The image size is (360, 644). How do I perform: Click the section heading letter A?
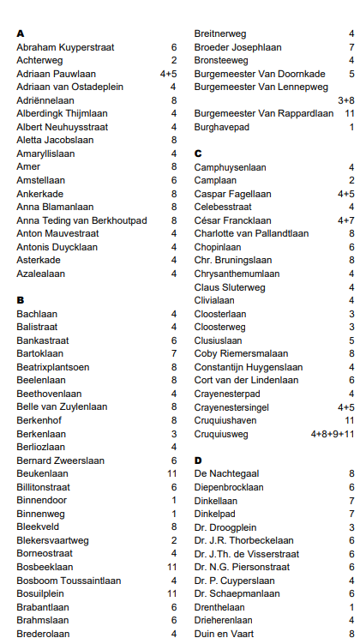20,33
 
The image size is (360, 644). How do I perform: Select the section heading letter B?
20,300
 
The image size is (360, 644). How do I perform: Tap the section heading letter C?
198,153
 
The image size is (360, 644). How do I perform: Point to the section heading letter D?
198,460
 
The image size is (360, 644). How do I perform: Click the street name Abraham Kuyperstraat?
65,47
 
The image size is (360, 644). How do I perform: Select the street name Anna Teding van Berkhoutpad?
81,220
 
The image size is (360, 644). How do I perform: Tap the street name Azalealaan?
41,274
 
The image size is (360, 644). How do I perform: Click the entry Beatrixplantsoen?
53,367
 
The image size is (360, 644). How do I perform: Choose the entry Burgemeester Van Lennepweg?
261,87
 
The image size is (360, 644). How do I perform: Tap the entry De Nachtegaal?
227,473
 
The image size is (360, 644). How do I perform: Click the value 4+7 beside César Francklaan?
345,220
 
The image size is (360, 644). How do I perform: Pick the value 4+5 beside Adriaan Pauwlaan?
168,74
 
